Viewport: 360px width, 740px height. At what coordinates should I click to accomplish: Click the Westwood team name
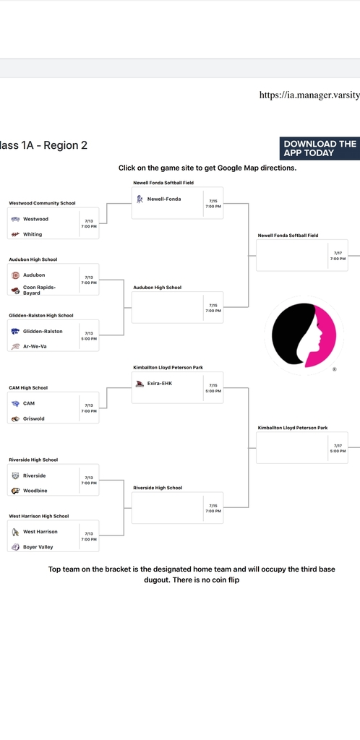tap(35, 219)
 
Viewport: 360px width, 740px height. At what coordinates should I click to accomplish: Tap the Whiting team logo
tap(15, 235)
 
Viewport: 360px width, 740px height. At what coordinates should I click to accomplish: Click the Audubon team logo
tap(15, 275)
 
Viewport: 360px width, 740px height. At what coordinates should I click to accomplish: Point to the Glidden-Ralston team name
tap(43, 331)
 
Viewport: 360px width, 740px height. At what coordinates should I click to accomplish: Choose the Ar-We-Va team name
tap(35, 346)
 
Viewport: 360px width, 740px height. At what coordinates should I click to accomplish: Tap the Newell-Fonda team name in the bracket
tap(163, 199)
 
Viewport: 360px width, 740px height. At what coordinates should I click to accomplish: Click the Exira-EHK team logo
tap(140, 384)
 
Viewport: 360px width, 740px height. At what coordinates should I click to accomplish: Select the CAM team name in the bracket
tap(29, 403)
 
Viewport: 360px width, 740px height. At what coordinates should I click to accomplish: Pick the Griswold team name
tap(34, 418)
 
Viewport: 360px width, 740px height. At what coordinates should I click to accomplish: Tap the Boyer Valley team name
tap(38, 547)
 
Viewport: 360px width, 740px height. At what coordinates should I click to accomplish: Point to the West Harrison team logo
tap(15, 532)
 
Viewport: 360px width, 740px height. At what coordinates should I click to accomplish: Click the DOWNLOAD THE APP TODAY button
tap(320, 149)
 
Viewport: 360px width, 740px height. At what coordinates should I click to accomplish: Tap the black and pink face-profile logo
tap(304, 335)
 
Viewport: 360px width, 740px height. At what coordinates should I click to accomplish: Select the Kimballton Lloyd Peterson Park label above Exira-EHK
tap(168, 367)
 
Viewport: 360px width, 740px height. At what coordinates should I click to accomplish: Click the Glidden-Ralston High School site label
tap(41, 315)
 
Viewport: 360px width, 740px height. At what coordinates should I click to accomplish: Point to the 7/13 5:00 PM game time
tap(91, 336)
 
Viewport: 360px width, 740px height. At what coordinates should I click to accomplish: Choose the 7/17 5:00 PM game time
tap(338, 448)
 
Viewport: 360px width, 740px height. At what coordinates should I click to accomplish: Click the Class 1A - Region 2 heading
tap(43, 145)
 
